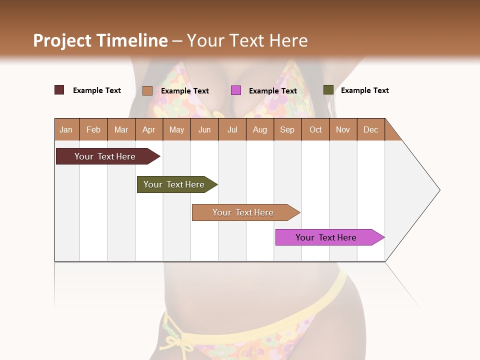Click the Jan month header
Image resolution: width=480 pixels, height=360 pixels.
point(66,129)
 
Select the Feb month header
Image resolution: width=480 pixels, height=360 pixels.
point(93,129)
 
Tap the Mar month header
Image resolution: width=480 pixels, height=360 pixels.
point(121,129)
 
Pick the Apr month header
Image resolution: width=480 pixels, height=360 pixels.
point(148,129)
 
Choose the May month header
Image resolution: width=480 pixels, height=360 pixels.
point(176,129)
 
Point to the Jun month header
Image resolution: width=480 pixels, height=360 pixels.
point(204,129)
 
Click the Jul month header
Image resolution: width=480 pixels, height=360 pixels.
point(232,129)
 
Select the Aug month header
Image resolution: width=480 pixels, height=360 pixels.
point(259,129)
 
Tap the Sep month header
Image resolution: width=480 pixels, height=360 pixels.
point(287,129)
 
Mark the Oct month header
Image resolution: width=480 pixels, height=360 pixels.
point(315,129)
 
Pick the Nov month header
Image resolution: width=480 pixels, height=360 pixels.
point(343,129)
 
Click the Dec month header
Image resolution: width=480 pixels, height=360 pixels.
point(370,129)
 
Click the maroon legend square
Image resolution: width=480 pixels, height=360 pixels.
point(59,90)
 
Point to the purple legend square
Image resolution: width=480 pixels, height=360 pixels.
point(236,90)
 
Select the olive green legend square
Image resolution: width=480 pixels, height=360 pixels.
point(328,90)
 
